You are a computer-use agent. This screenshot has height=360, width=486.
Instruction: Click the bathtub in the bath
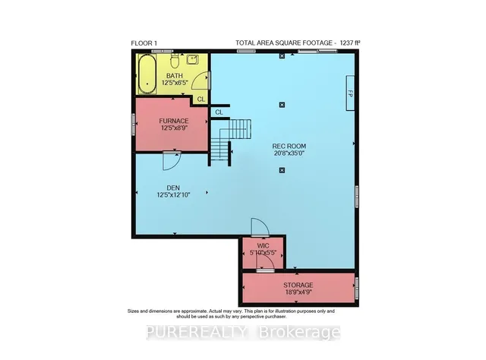pyautogui.click(x=147, y=74)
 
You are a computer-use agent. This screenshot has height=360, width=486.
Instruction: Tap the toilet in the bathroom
pyautogui.click(x=175, y=61)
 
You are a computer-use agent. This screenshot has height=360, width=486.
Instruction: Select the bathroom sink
pyautogui.click(x=192, y=59)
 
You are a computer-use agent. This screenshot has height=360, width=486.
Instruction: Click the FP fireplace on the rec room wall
pyautogui.click(x=350, y=93)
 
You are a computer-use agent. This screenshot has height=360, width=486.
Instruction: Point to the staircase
pyautogui.click(x=229, y=140)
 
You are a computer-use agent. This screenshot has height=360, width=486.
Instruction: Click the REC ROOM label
pyautogui.click(x=289, y=146)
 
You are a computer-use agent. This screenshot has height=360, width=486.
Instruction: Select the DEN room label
pyautogui.click(x=173, y=188)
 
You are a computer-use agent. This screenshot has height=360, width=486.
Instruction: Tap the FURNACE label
pyautogui.click(x=174, y=121)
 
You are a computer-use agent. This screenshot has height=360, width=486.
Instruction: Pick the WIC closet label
pyautogui.click(x=263, y=246)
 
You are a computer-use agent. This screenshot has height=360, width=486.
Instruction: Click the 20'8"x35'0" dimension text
pyautogui.click(x=289, y=153)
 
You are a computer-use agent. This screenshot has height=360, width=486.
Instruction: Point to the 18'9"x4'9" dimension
pyautogui.click(x=298, y=292)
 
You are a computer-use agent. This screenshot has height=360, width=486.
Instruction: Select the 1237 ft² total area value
pyautogui.click(x=350, y=43)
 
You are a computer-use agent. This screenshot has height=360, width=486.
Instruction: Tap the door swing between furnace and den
pyautogui.click(x=172, y=161)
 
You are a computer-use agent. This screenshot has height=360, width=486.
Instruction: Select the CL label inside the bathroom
pyautogui.click(x=201, y=99)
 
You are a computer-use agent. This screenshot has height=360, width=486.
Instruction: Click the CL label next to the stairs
pyautogui.click(x=219, y=112)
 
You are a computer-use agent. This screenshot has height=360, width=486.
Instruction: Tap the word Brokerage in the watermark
pyautogui.click(x=299, y=332)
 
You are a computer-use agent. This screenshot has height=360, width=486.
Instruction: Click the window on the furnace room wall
pyautogui.click(x=134, y=124)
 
